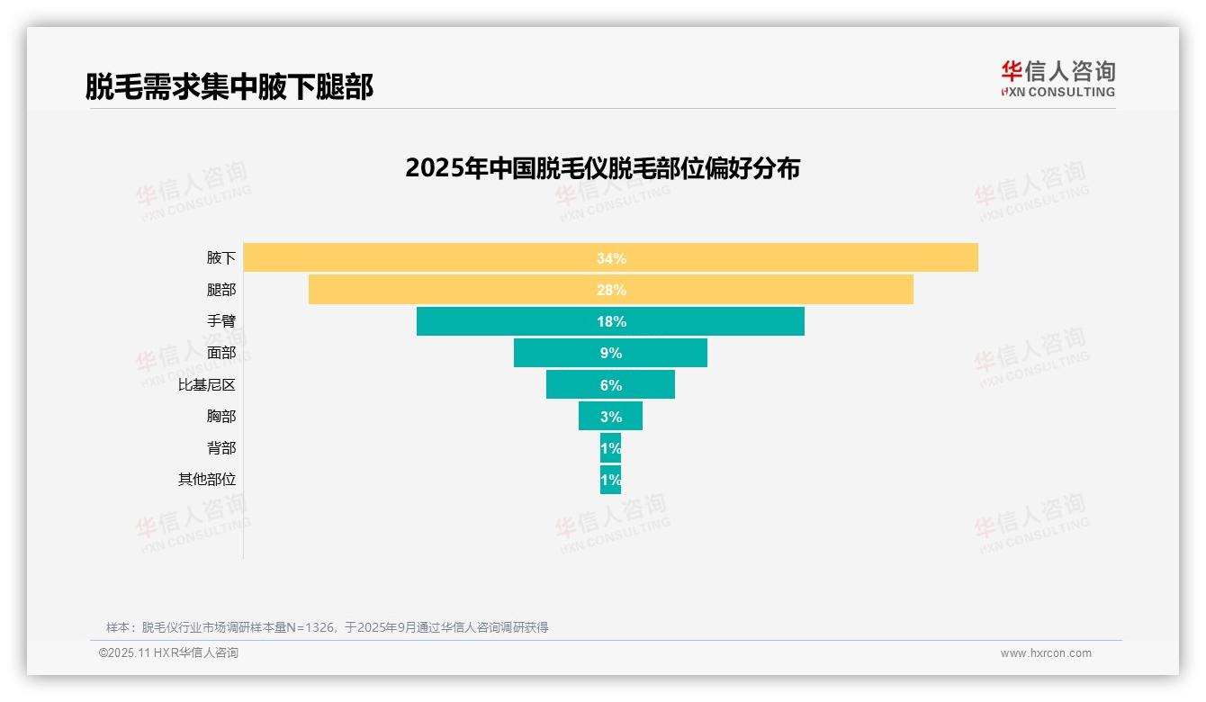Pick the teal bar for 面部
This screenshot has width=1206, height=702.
558,353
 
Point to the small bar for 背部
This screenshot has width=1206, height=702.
610,448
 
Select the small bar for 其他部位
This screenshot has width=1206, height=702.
610,480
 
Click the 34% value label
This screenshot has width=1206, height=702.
611,258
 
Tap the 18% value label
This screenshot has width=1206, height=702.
611,321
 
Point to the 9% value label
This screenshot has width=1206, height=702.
611,353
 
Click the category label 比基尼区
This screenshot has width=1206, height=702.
207,385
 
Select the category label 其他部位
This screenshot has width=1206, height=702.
207,480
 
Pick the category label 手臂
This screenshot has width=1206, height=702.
221,321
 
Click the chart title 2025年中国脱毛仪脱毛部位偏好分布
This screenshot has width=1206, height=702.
602,168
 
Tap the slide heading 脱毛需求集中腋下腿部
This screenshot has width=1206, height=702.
229,86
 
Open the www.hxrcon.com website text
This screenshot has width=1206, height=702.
1046,653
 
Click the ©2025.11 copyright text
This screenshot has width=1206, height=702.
168,653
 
